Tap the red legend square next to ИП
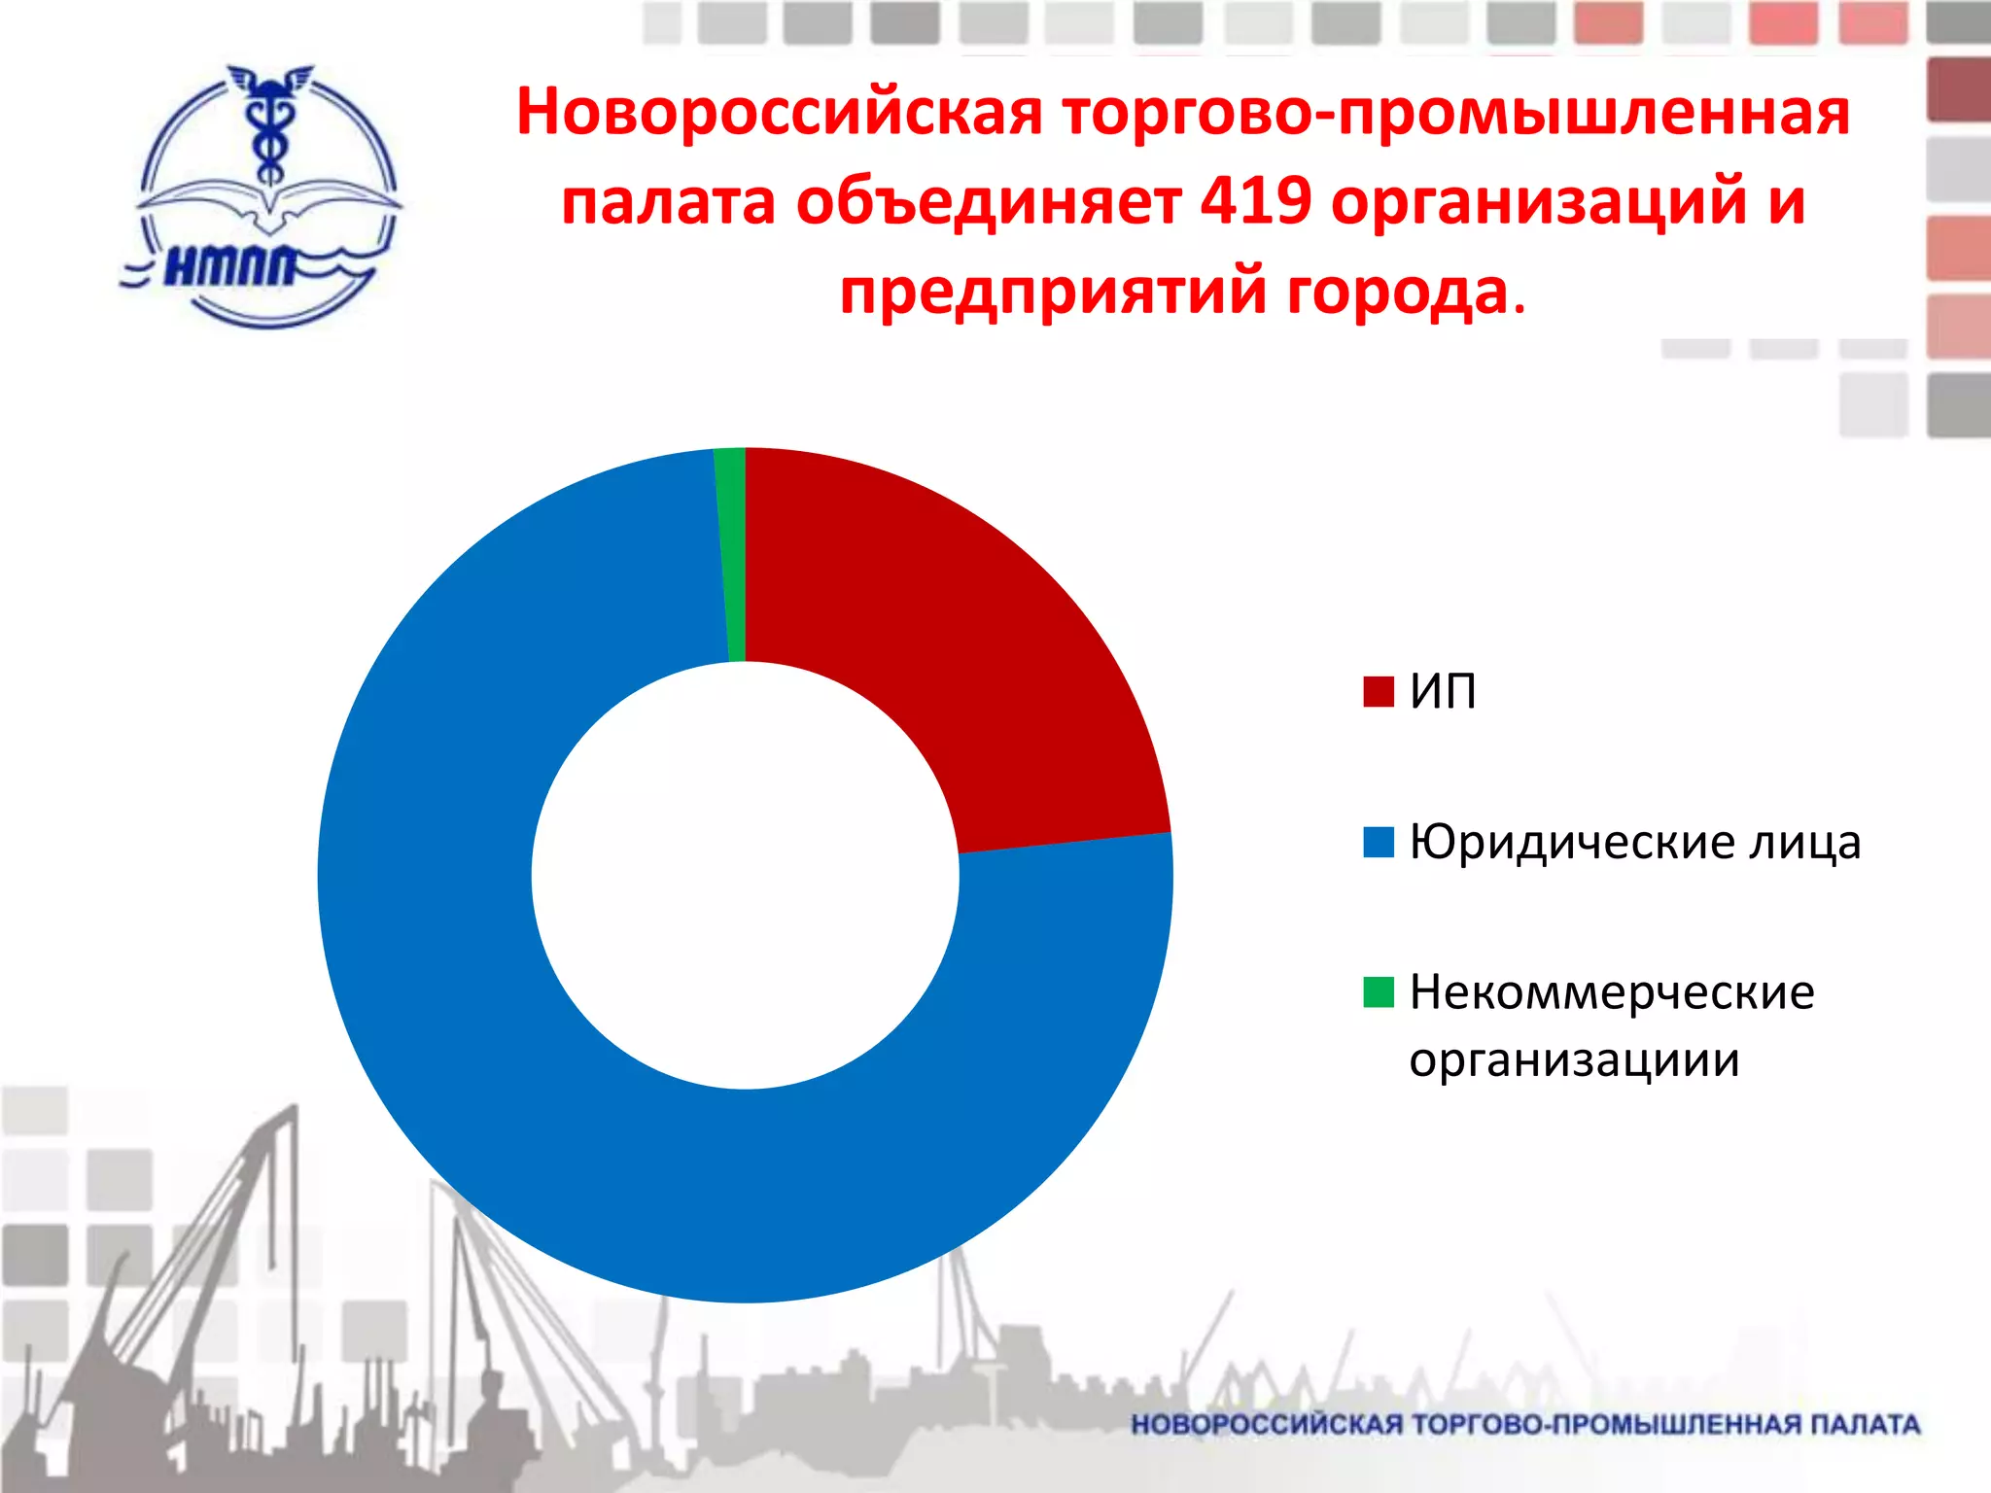point(1378,691)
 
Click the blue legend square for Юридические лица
point(1378,842)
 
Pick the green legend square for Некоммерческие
point(1378,992)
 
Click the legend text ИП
point(1443,691)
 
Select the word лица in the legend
point(1804,842)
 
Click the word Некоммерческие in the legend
point(1612,992)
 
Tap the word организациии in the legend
point(1574,1059)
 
